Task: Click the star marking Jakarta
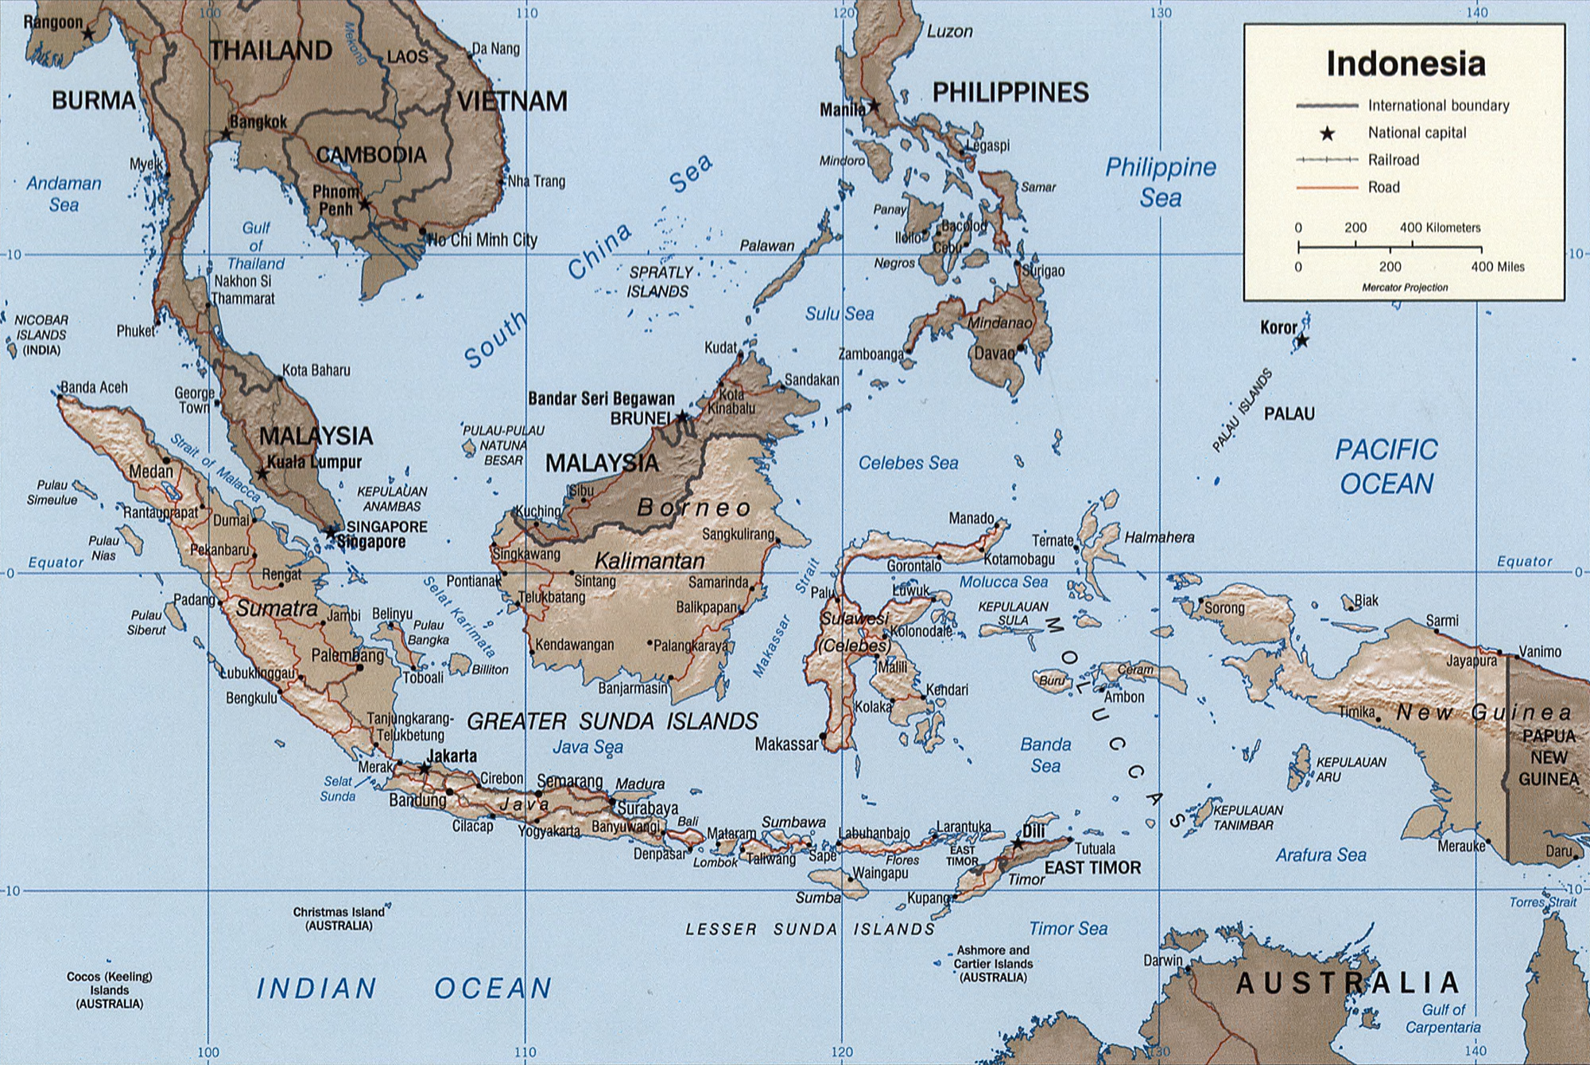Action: coord(425,769)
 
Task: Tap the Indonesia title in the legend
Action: coord(1405,64)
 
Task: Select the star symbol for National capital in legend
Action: coord(1327,134)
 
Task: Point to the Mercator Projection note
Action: coord(1405,288)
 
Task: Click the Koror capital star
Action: coord(1302,341)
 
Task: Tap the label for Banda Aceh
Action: coord(94,388)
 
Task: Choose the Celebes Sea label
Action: coord(908,463)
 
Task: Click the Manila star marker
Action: coord(874,105)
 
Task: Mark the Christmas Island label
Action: coord(339,919)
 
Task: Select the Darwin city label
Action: coord(1162,960)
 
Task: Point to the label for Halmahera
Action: coord(1159,538)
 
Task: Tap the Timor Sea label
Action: coord(1068,928)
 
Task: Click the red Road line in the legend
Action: coord(1327,188)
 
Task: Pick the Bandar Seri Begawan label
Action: coord(601,399)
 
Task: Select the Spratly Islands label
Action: coord(659,282)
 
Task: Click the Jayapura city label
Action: coord(1472,661)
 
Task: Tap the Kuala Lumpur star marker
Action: coord(262,474)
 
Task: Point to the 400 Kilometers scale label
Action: coord(1440,228)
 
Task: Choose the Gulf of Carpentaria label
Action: coord(1443,1018)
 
